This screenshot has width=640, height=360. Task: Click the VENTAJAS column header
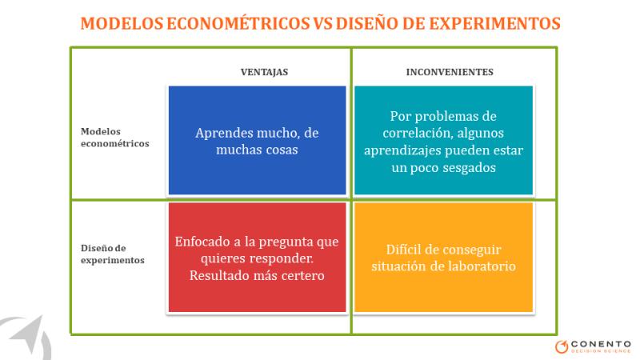coord(264,72)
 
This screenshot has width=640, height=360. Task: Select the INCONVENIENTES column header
coord(450,72)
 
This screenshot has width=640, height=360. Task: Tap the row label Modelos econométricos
coord(114,138)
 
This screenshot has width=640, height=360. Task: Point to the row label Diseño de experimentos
coord(112,254)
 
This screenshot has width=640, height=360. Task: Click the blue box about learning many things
coord(257,140)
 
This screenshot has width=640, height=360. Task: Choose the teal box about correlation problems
coord(444,140)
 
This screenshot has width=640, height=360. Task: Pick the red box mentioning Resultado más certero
coord(257,257)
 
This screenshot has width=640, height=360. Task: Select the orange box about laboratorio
coord(444,257)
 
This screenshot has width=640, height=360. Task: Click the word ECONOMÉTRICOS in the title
coord(238,23)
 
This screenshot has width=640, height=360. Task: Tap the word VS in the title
coord(323,23)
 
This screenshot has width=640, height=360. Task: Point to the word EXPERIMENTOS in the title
coord(494,23)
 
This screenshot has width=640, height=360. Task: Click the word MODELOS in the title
coord(122,23)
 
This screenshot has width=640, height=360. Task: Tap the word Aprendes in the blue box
coord(221,134)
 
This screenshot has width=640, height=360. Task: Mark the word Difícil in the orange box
coord(403,250)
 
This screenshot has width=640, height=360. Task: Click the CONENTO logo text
coord(601,345)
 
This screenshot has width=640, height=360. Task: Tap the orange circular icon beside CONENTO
coord(562,346)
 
